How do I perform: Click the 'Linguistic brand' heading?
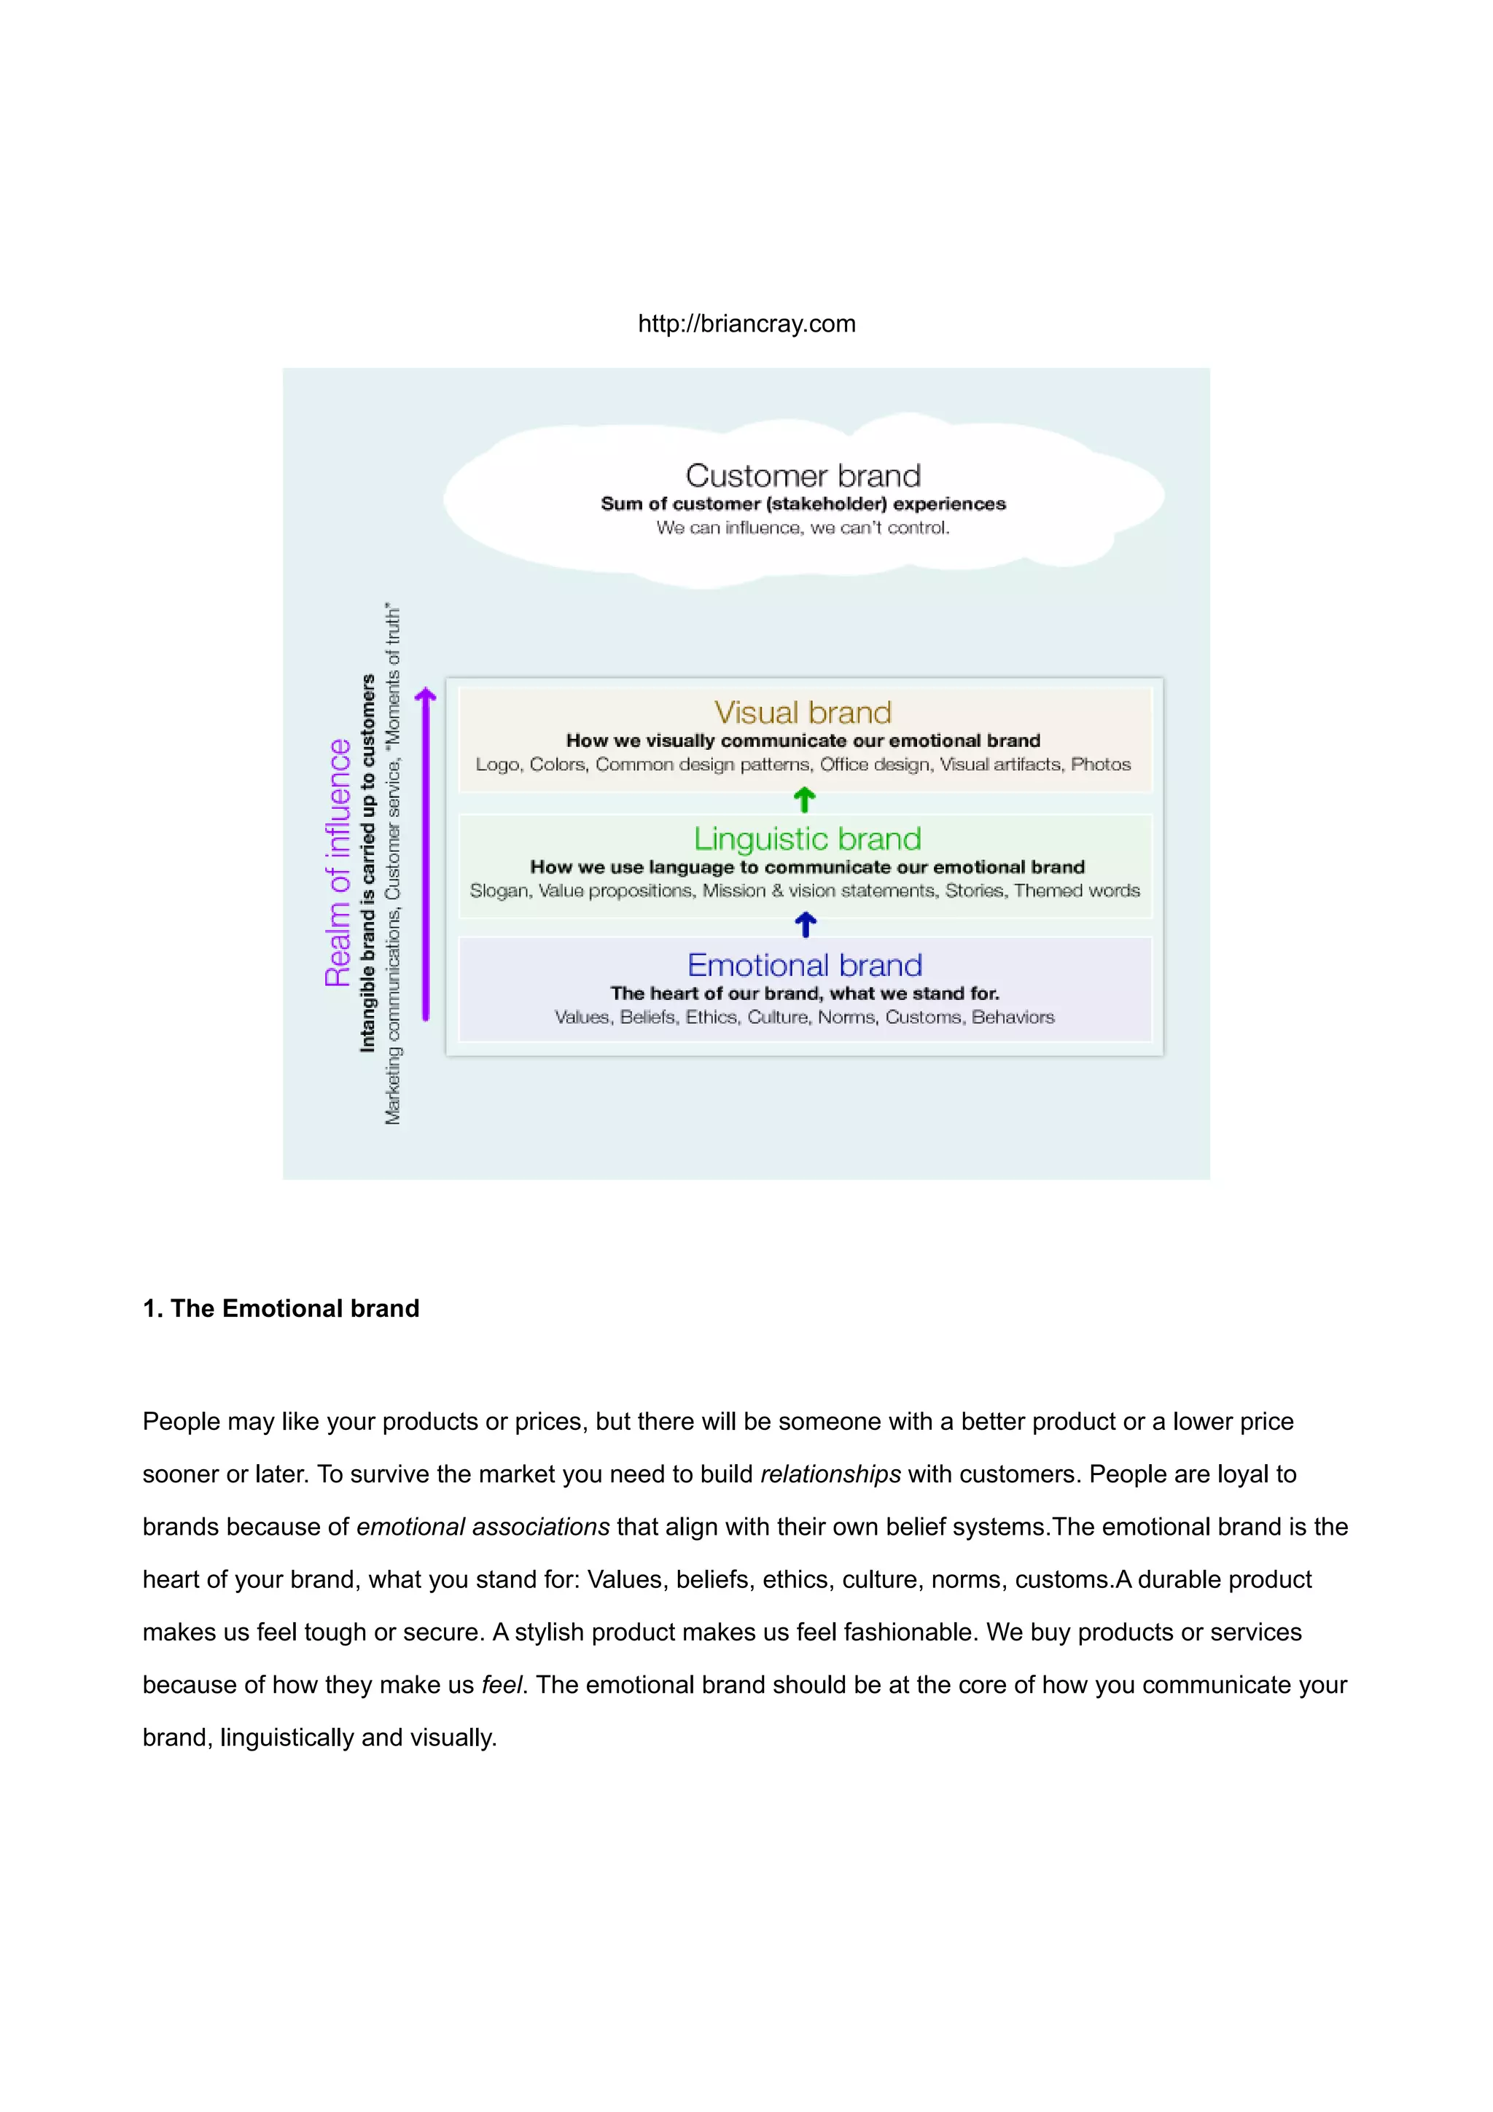807,838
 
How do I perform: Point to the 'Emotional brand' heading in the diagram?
804,965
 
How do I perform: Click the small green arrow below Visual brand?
804,800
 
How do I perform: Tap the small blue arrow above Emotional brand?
805,925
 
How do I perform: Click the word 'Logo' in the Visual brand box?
496,764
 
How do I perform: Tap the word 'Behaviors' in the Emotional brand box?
1013,1017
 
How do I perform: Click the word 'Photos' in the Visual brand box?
1100,764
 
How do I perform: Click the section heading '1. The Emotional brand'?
281,1308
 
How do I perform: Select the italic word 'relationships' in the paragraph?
830,1474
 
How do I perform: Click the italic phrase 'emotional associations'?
483,1527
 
